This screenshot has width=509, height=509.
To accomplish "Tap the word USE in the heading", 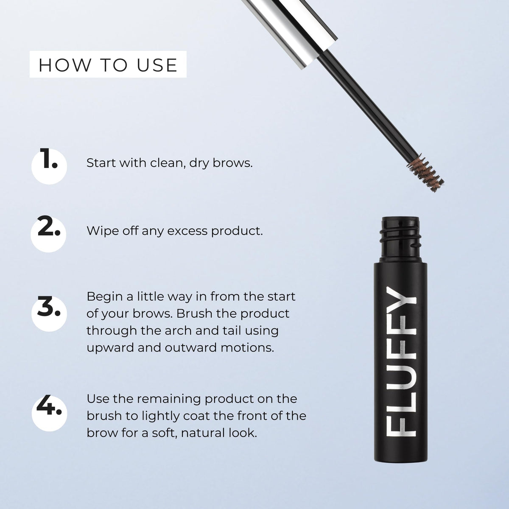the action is coord(157,65).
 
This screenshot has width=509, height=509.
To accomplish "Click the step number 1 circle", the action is coord(49,166).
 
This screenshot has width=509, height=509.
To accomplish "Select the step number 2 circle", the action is coord(49,234).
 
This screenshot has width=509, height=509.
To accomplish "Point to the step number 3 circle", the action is coord(49,313).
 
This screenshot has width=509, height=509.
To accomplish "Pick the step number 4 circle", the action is coord(49,414).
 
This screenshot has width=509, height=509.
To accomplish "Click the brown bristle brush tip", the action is coord(425,172).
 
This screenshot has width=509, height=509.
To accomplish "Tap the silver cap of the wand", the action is coord(290,32).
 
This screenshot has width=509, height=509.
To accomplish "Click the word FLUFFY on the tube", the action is coord(401,362).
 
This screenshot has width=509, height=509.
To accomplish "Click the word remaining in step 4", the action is coord(169,400).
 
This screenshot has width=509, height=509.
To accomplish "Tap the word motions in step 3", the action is coord(247,348).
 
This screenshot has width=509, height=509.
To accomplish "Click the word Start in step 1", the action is coord(101,163).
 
